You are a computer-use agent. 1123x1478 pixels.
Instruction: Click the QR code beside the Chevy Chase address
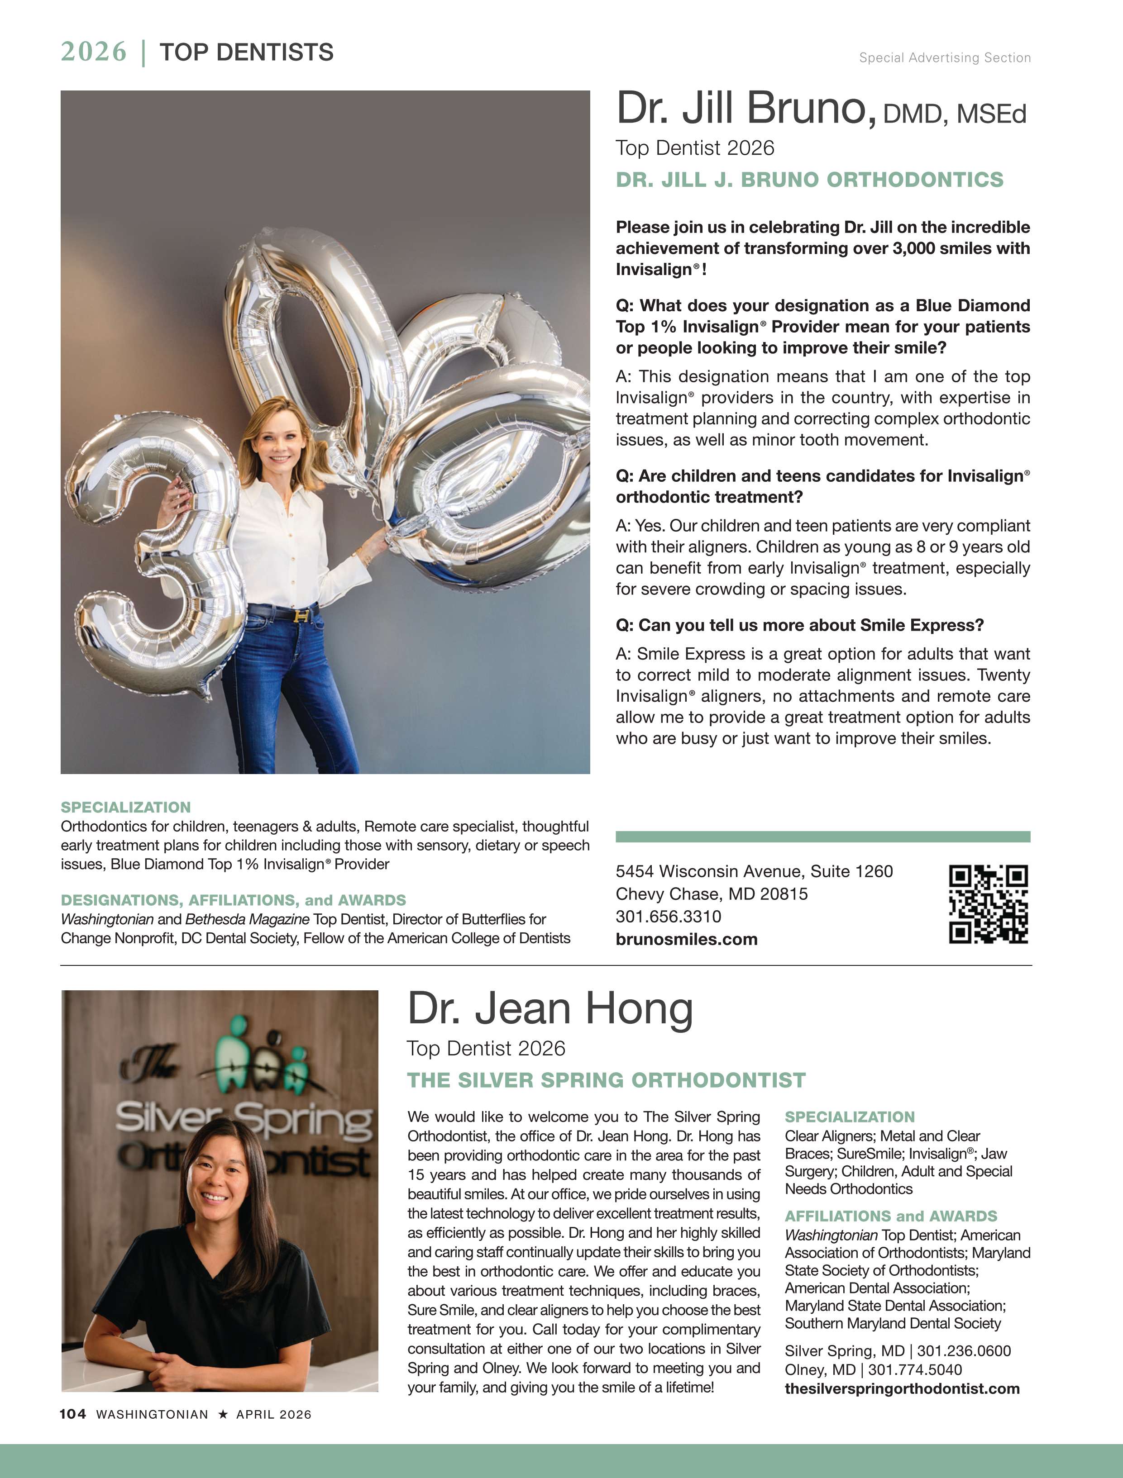coord(988,904)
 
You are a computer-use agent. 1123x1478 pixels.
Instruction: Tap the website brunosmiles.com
coord(687,940)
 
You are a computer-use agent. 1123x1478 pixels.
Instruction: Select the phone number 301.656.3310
coord(669,916)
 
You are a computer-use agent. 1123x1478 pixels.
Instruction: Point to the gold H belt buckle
coord(302,615)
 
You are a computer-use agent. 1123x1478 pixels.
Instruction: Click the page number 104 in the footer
coord(73,1414)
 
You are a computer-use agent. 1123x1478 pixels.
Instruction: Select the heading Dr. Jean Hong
coord(550,1009)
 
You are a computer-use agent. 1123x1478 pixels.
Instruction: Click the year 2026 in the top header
coord(94,52)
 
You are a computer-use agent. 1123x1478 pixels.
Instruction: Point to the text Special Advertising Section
coord(945,58)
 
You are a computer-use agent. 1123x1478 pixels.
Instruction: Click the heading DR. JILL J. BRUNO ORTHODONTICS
coord(809,180)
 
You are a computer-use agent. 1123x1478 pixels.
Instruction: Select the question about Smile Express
coord(799,625)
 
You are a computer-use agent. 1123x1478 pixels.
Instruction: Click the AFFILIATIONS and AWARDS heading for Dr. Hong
coord(890,1216)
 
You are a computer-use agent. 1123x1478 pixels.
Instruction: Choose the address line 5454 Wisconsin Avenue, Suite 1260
coord(754,871)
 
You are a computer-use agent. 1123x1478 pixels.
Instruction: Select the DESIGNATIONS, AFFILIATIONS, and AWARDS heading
coord(233,900)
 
